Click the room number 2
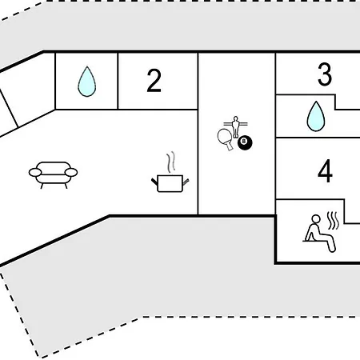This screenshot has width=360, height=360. [x=154, y=81]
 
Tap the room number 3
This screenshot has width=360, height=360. [x=325, y=74]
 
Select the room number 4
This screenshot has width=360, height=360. [x=325, y=171]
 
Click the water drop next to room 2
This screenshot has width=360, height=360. [x=87, y=82]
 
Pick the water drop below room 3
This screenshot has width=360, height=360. [x=316, y=116]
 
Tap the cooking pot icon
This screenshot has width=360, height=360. [x=170, y=183]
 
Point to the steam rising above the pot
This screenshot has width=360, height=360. [x=171, y=162]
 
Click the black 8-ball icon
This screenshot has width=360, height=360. [x=245, y=143]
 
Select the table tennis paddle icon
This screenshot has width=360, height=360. [x=225, y=138]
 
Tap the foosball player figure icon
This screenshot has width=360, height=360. [x=235, y=126]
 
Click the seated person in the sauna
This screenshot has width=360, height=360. [x=319, y=234]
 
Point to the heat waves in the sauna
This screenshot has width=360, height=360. [x=333, y=221]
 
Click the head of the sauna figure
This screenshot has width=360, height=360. [x=316, y=219]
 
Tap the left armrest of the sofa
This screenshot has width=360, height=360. [x=35, y=173]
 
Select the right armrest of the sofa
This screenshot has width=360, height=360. [x=71, y=173]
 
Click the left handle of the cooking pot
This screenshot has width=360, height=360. [x=154, y=182]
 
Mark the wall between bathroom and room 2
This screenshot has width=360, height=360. [x=118, y=81]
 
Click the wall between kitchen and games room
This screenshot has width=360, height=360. [x=198, y=134]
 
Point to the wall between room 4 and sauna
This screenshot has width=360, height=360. [x=310, y=199]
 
